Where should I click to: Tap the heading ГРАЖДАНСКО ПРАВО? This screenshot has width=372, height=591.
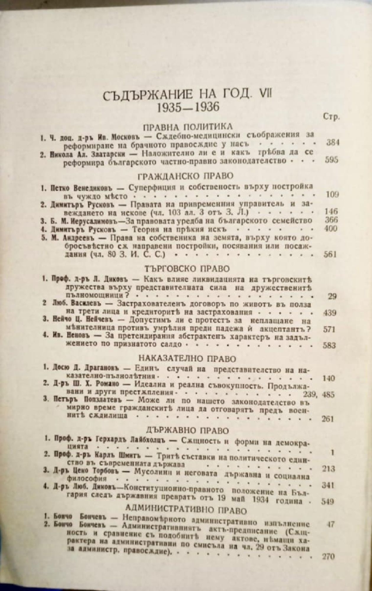coord(186,176)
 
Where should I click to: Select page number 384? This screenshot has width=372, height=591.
coord(332,143)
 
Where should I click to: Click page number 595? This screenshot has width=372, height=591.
coord(331,160)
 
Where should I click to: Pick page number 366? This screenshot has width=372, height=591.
coord(331,220)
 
